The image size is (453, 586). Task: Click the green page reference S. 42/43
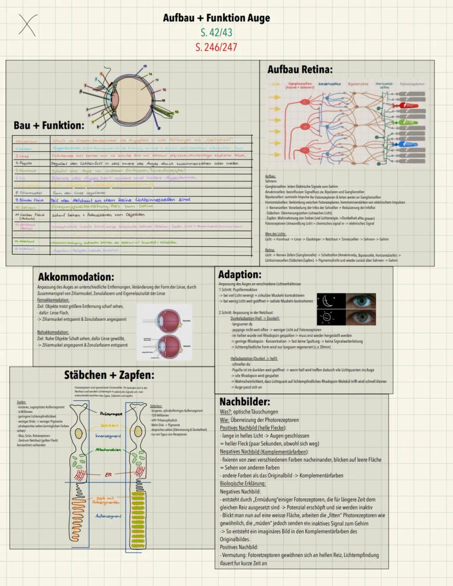point(217,32)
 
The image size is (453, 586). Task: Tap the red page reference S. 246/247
point(216,47)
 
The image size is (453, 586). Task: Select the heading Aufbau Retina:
point(299,70)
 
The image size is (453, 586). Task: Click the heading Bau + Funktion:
point(49,125)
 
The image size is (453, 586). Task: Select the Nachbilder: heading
point(245,401)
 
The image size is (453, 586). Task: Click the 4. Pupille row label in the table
point(24,163)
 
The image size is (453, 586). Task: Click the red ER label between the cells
point(108,475)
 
